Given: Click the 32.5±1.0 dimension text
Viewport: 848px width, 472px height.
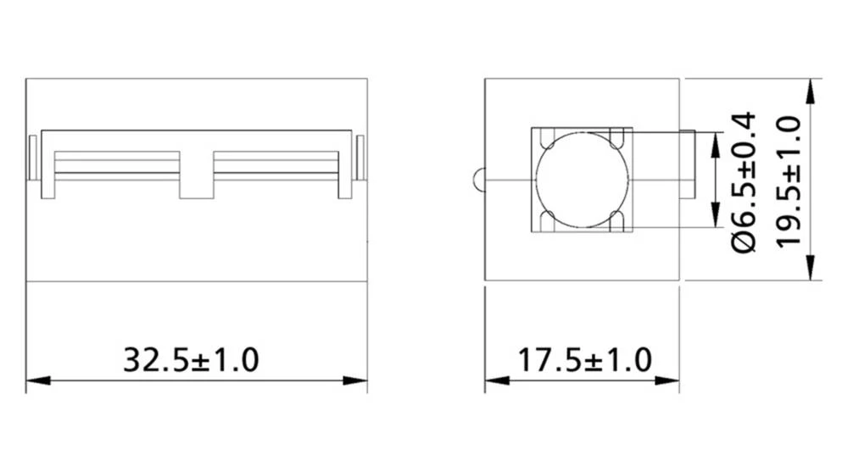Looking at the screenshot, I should (191, 358).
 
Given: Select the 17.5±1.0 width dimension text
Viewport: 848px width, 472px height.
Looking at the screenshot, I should (584, 358).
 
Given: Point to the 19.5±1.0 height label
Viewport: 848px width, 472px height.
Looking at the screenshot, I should (789, 180).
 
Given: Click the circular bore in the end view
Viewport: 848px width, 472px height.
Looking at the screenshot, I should (582, 180).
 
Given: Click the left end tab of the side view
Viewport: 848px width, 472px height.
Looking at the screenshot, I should (32, 158).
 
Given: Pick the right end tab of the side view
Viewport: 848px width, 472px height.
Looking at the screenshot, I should (360, 158).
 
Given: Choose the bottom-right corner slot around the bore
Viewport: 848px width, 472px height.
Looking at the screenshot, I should (621, 222).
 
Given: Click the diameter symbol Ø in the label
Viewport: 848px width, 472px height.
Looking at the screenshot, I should (743, 242).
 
